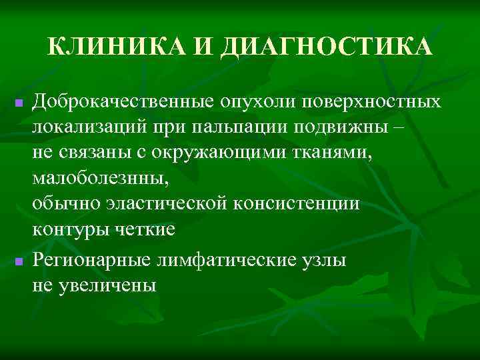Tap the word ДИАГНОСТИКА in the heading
click(329, 47)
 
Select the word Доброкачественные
click(124, 102)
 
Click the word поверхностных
click(372, 102)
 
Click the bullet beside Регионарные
click(19, 261)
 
